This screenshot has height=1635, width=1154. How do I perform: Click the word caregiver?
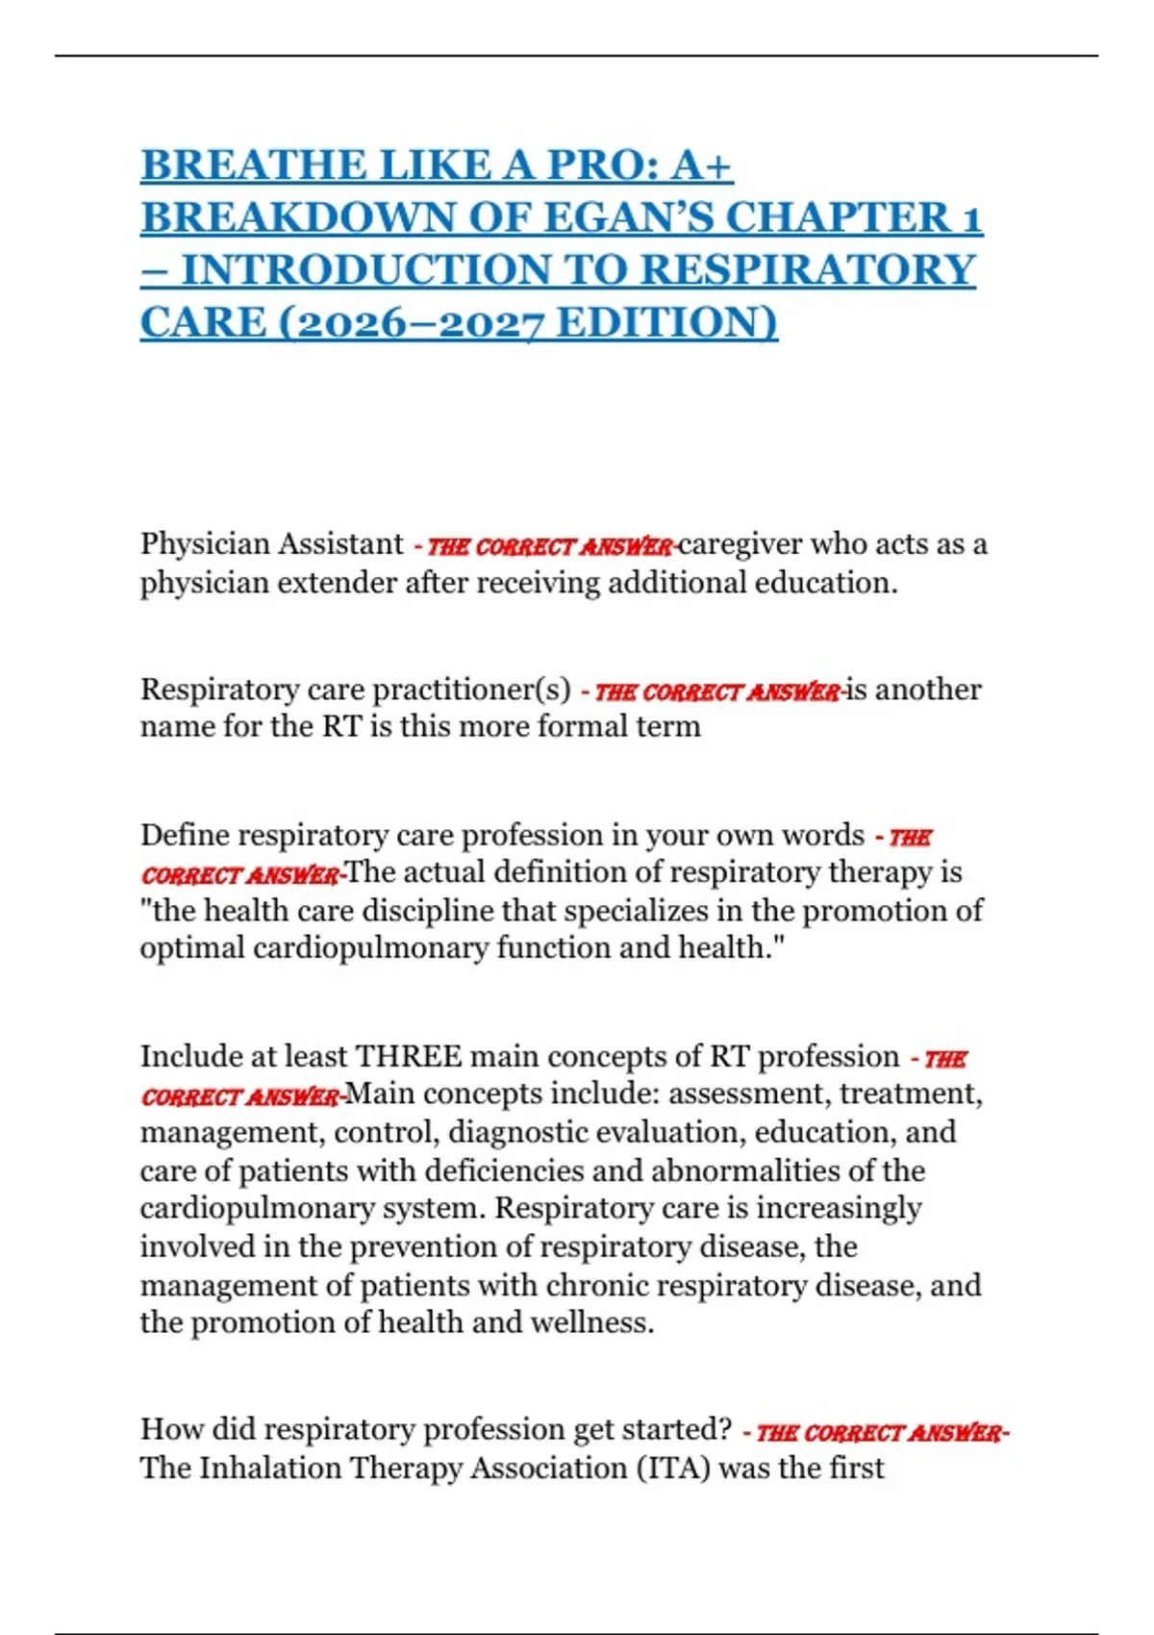(x=740, y=544)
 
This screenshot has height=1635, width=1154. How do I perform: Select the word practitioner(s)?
(x=470, y=690)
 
